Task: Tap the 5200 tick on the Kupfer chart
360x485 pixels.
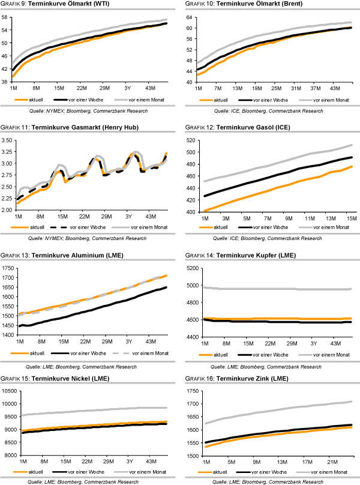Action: (x=193, y=268)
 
